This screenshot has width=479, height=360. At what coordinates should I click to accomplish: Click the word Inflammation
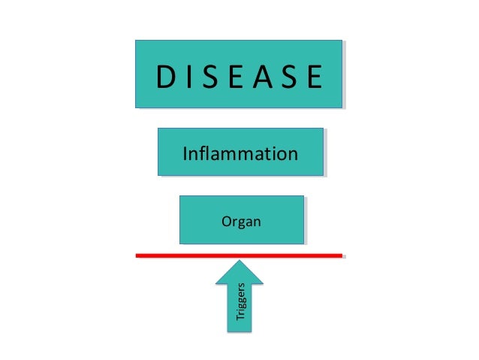pos(239,154)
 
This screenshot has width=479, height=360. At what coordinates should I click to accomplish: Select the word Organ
pos(240,222)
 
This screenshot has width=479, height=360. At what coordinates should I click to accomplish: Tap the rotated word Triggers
pos(240,302)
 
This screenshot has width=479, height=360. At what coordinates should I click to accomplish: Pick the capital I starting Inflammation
pos(185,154)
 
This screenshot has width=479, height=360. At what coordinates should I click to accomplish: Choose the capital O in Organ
pos(225,222)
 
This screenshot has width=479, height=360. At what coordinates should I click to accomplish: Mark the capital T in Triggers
pos(240,319)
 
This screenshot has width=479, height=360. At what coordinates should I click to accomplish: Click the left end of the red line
pos(138,256)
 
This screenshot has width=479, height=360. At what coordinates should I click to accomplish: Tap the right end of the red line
pos(342,256)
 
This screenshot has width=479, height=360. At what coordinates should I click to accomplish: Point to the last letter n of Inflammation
pos(293,155)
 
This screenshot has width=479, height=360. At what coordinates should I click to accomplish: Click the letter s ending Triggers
pos(241,286)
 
